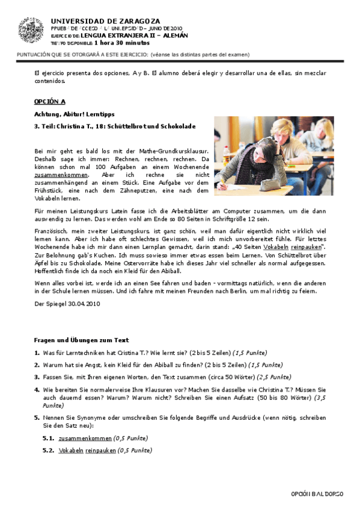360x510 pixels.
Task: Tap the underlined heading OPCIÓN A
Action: pyautogui.click(x=50, y=102)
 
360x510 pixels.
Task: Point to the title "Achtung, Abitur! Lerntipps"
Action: pyautogui.click(x=75, y=114)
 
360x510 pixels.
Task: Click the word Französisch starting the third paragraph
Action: pyautogui.click(x=50, y=230)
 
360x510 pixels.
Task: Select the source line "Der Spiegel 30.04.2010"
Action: pyautogui.click(x=67, y=304)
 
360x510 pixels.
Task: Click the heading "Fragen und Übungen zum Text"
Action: pyautogui.click(x=81, y=340)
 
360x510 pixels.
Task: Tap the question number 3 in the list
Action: pyautogui.click(x=37, y=377)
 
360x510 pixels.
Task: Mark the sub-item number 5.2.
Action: pyautogui.click(x=48, y=450)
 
